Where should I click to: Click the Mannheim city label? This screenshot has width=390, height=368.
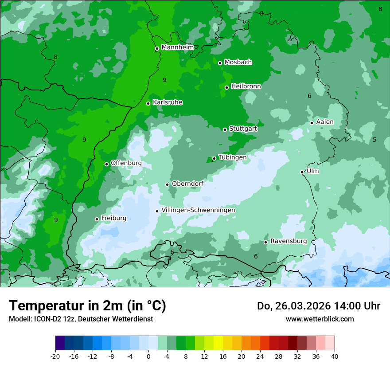pos(177,47)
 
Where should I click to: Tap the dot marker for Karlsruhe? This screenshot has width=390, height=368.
pos(148,103)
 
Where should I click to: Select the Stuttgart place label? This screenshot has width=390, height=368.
pos(243,129)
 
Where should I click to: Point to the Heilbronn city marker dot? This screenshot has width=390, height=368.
pos(227,87)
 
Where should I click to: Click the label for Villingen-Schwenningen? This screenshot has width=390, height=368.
pos(198,210)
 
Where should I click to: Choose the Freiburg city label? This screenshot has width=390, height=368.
pos(113,218)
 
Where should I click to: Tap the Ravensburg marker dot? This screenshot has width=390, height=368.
pos(266,242)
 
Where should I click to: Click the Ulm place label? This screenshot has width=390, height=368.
pos(312,171)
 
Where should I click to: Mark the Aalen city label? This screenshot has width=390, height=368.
pos(325,122)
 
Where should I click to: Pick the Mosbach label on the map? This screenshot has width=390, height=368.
pos(238,63)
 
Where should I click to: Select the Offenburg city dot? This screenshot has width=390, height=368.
pos(106,164)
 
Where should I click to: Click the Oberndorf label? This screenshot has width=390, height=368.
pos(188,184)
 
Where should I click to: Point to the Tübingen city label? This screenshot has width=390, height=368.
pos(233,157)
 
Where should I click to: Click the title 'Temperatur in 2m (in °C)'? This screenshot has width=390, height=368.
pos(87,306)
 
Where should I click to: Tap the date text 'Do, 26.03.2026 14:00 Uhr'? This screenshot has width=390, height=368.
pos(318,306)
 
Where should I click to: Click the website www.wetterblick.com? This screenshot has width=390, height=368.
pos(320,319)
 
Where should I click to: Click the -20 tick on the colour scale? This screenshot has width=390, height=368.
pos(55,356)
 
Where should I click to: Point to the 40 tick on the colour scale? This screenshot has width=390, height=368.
pos(334,356)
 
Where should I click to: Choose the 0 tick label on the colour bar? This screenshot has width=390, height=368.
pos(148,356)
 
